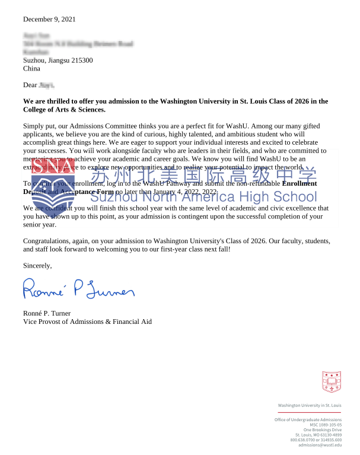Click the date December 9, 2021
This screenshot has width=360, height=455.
[x=49, y=19]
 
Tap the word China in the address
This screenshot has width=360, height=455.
[x=31, y=68]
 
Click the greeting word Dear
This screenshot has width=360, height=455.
[x=30, y=85]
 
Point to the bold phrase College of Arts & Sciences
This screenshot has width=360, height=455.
[x=64, y=110]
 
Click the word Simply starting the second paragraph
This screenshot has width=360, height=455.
[x=33, y=126]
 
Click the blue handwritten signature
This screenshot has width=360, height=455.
[x=78, y=289]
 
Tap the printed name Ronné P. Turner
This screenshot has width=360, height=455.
[x=46, y=313]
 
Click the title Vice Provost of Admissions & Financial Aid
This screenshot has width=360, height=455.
[x=87, y=322]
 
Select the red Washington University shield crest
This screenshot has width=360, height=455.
[x=332, y=381]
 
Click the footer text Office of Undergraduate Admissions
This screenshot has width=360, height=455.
[x=308, y=419]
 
